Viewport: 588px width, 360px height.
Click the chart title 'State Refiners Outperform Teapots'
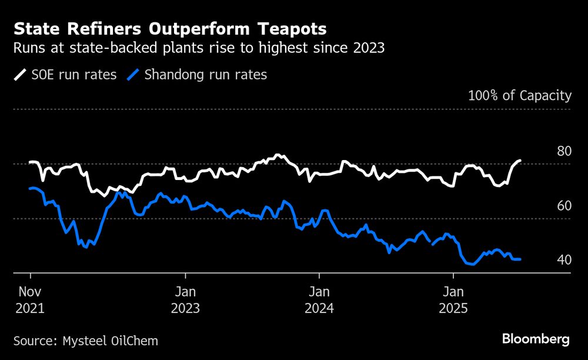click(170, 29)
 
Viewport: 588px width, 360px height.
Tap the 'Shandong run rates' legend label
click(205, 75)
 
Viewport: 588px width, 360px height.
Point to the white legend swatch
click(20, 75)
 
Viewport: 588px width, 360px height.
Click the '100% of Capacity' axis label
click(519, 95)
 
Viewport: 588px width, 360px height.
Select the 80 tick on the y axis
click(563, 151)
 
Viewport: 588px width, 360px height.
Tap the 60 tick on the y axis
click(563, 206)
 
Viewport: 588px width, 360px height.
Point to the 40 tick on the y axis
click(563, 260)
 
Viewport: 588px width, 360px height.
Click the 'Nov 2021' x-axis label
click(29, 299)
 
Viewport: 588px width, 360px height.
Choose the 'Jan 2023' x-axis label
click(185, 299)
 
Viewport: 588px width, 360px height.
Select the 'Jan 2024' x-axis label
click(319, 299)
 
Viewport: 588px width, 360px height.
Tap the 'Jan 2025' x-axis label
click(452, 299)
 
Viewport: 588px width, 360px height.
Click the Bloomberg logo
click(535, 339)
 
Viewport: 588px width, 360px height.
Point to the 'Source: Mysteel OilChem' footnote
click(85, 341)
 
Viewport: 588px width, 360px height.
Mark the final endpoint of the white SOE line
click(520, 161)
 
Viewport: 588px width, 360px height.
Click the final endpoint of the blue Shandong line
click(520, 259)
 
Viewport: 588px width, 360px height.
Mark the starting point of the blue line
click(30, 188)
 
